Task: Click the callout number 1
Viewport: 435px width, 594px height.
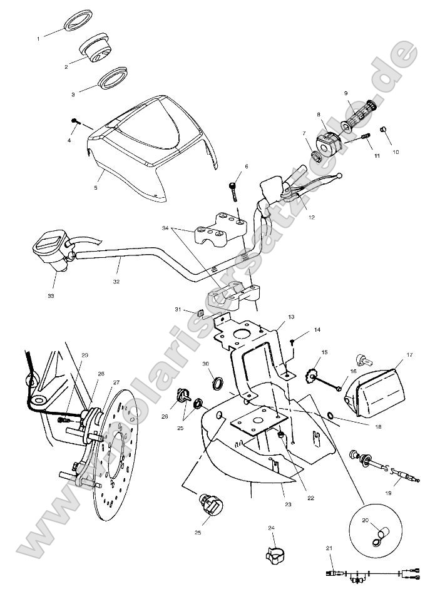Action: click(x=38, y=39)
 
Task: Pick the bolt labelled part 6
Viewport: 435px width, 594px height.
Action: click(x=233, y=188)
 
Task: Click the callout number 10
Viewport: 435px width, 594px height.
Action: click(x=395, y=151)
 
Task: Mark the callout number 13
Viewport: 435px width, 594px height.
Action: click(x=291, y=317)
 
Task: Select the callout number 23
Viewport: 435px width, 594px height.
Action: click(x=287, y=503)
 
